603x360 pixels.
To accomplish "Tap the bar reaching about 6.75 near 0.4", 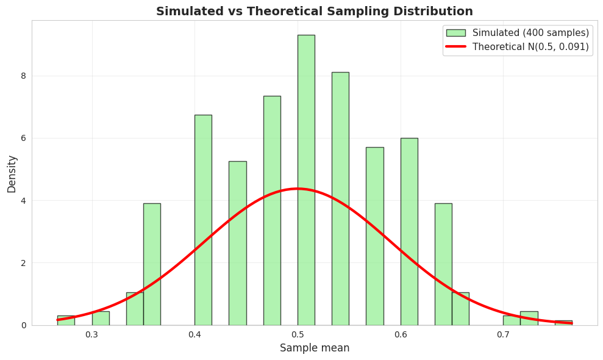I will pyautogui.click(x=203, y=220).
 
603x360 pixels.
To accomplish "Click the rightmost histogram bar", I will pyautogui.click(x=563, y=323).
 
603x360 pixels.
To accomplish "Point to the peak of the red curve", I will pyautogui.click(x=298, y=189).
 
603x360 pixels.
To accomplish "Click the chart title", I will pyautogui.click(x=314, y=11).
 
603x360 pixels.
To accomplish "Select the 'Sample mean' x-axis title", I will pyautogui.click(x=315, y=348).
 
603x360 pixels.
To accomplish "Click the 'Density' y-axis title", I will pyautogui.click(x=12, y=173).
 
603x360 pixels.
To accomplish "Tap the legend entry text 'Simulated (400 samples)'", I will pyautogui.click(x=530, y=33).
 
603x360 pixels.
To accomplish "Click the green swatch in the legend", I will pyautogui.click(x=455, y=33).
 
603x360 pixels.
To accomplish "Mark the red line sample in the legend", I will pyautogui.click(x=455, y=47).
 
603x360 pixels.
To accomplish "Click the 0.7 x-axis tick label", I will pyautogui.click(x=503, y=334).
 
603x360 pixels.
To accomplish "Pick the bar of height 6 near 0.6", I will pyautogui.click(x=409, y=232).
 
